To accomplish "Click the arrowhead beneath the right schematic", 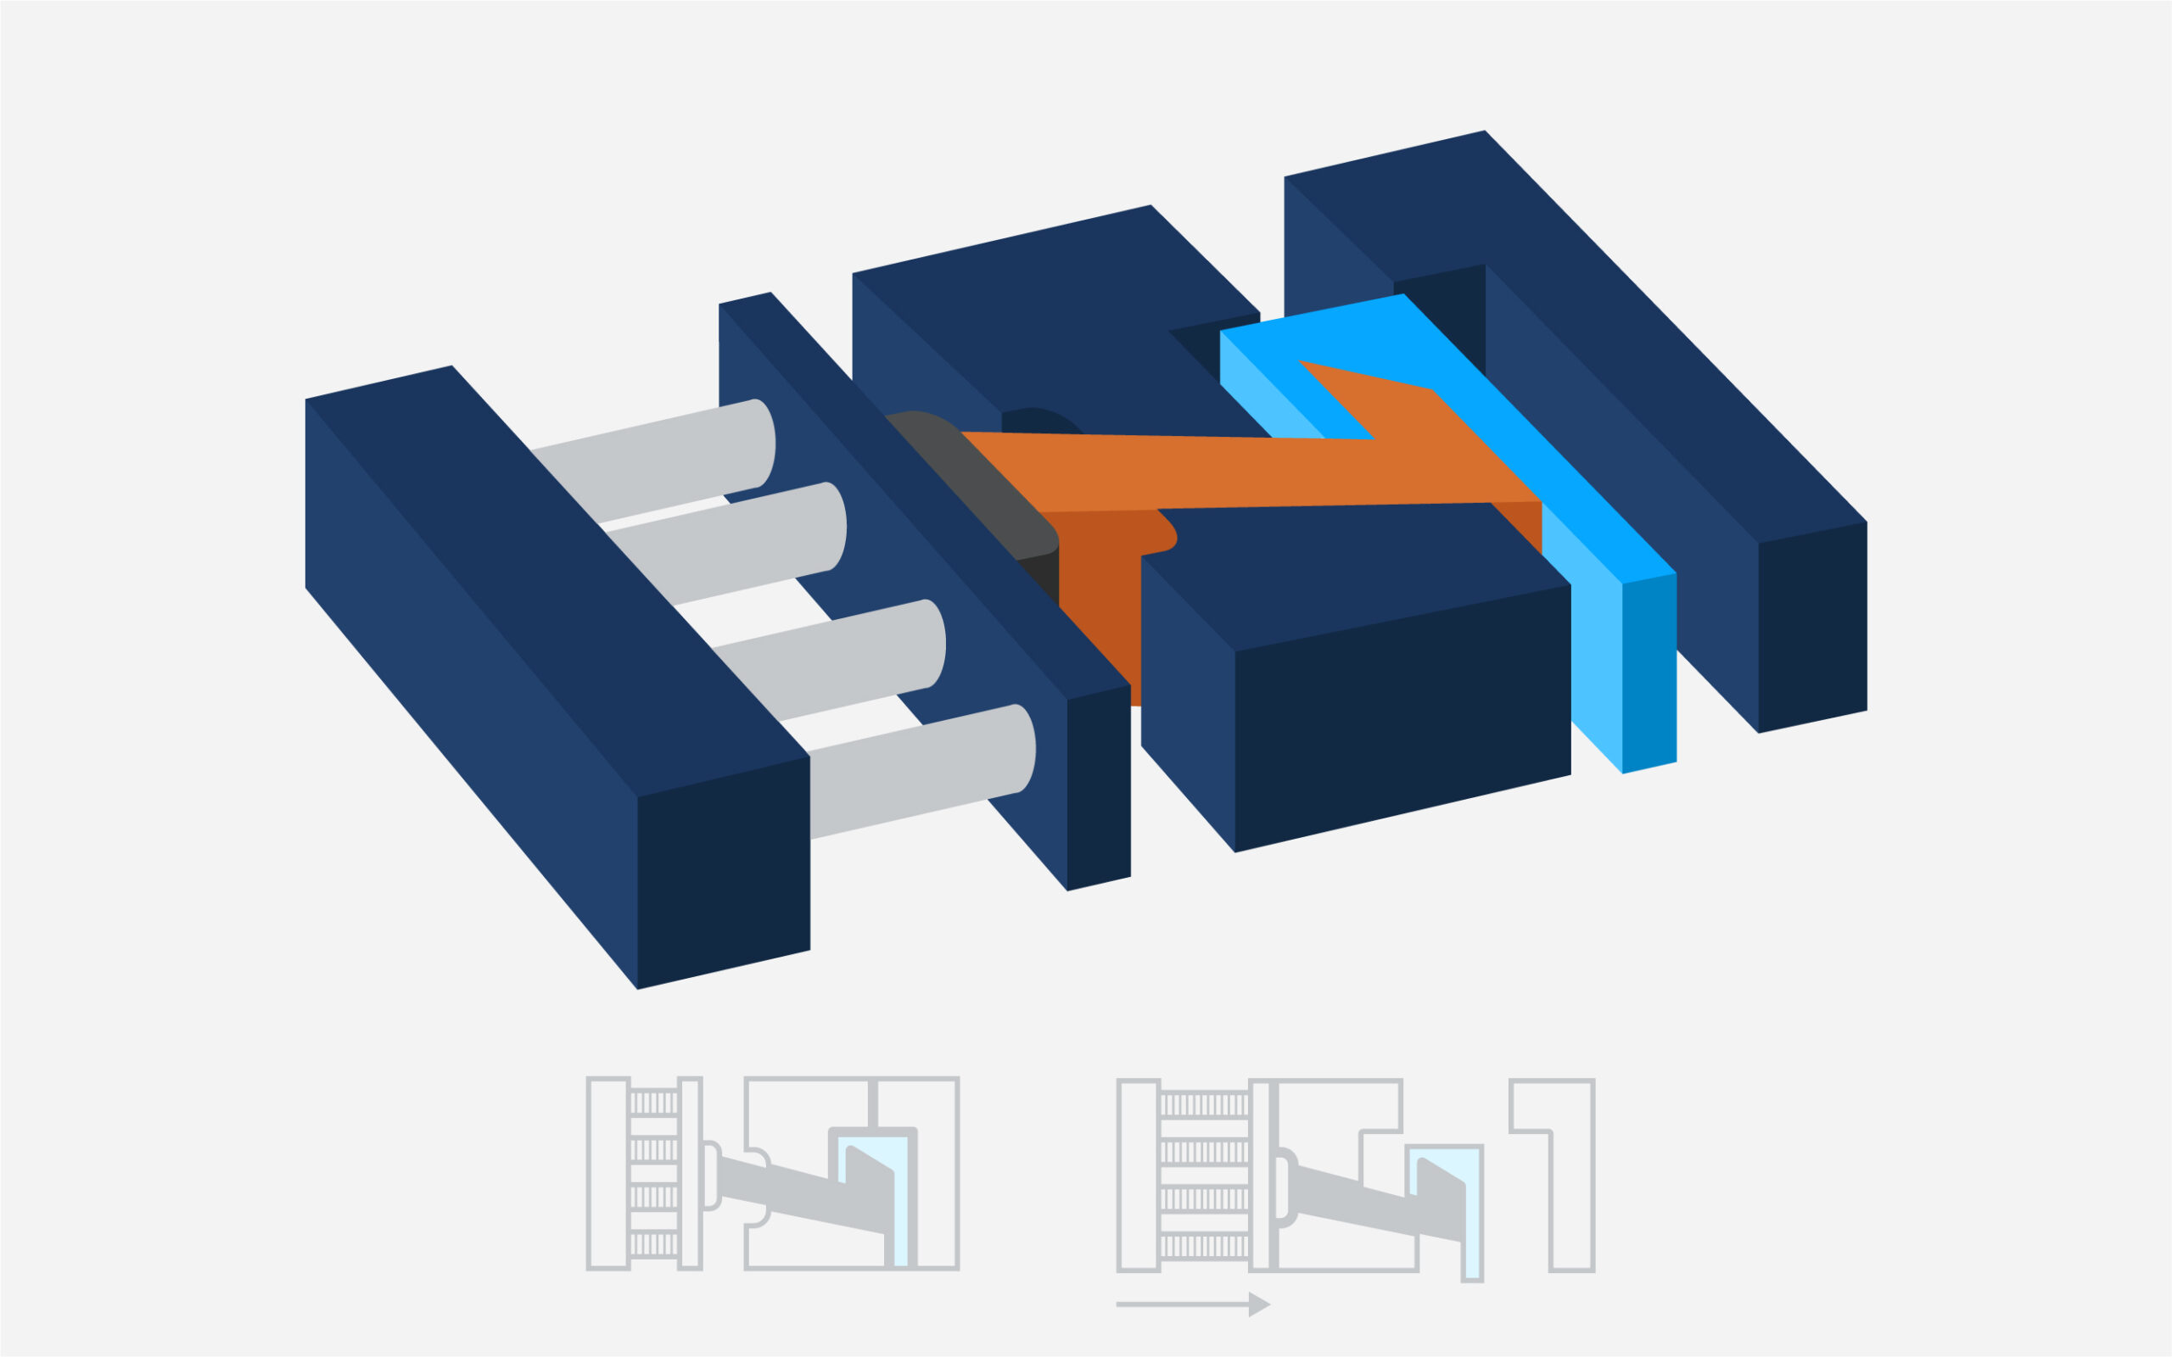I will [1259, 1304].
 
